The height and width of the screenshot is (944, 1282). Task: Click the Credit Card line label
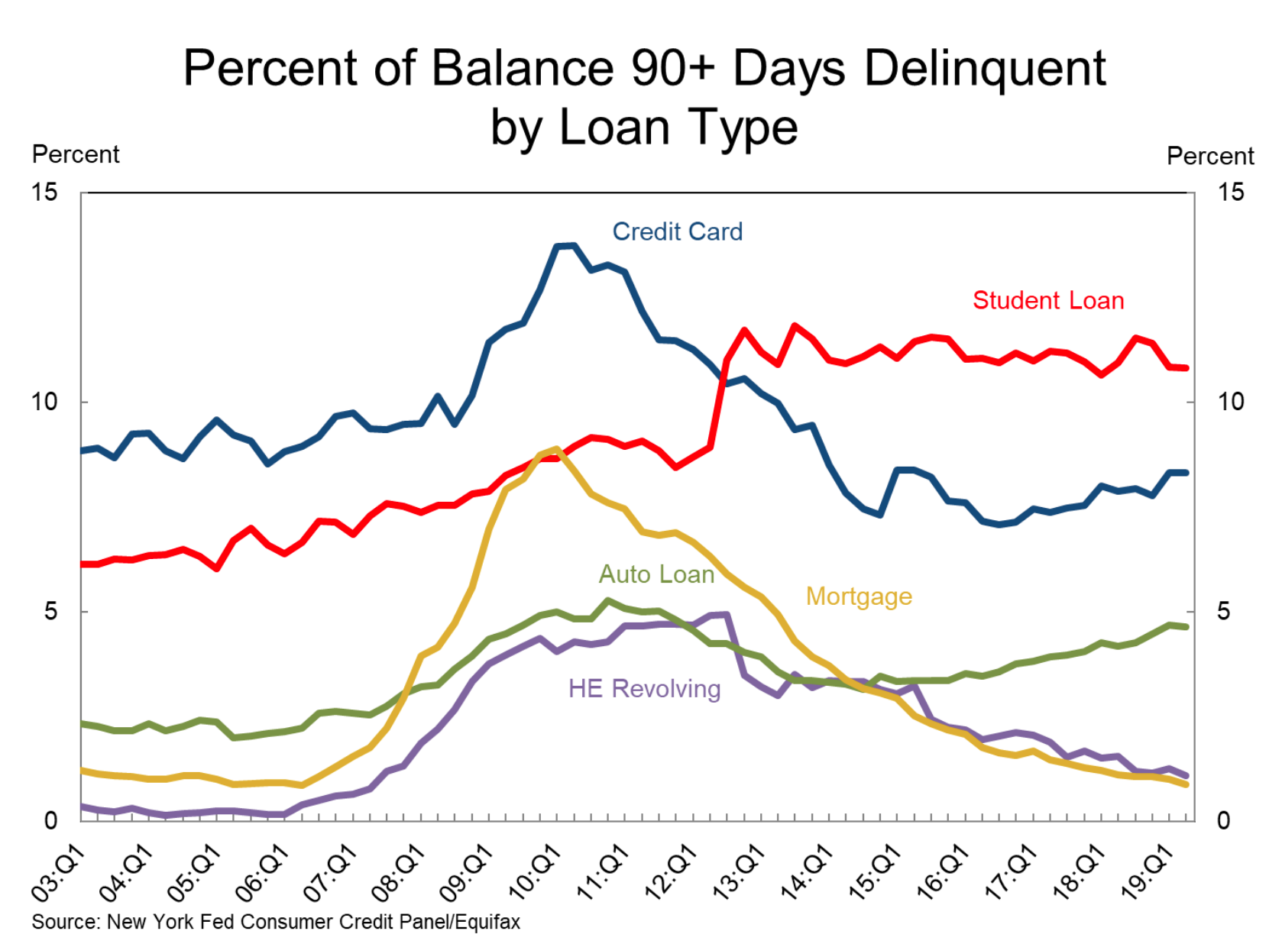click(677, 231)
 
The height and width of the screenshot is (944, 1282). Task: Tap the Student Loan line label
click(1047, 300)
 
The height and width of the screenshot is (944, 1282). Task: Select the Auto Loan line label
click(656, 574)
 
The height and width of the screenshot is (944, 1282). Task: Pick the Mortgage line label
click(859, 596)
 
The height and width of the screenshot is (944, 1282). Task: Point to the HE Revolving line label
click(644, 688)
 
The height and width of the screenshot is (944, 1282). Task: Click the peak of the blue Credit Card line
click(567, 245)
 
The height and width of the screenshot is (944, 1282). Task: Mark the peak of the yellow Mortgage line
click(556, 449)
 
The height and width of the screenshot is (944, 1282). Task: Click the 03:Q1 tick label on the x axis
click(58, 873)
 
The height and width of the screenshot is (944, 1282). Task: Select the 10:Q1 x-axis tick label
click(533, 873)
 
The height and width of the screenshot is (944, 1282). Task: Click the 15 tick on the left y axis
click(44, 192)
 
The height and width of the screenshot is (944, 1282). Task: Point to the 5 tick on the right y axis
click(1224, 611)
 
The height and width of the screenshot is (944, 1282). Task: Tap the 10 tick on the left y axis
click(44, 402)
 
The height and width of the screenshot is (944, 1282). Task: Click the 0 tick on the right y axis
click(1224, 820)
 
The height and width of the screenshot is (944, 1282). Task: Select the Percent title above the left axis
click(76, 154)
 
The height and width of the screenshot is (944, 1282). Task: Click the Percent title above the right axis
click(1209, 156)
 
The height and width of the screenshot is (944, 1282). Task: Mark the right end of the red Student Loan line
click(1186, 368)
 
